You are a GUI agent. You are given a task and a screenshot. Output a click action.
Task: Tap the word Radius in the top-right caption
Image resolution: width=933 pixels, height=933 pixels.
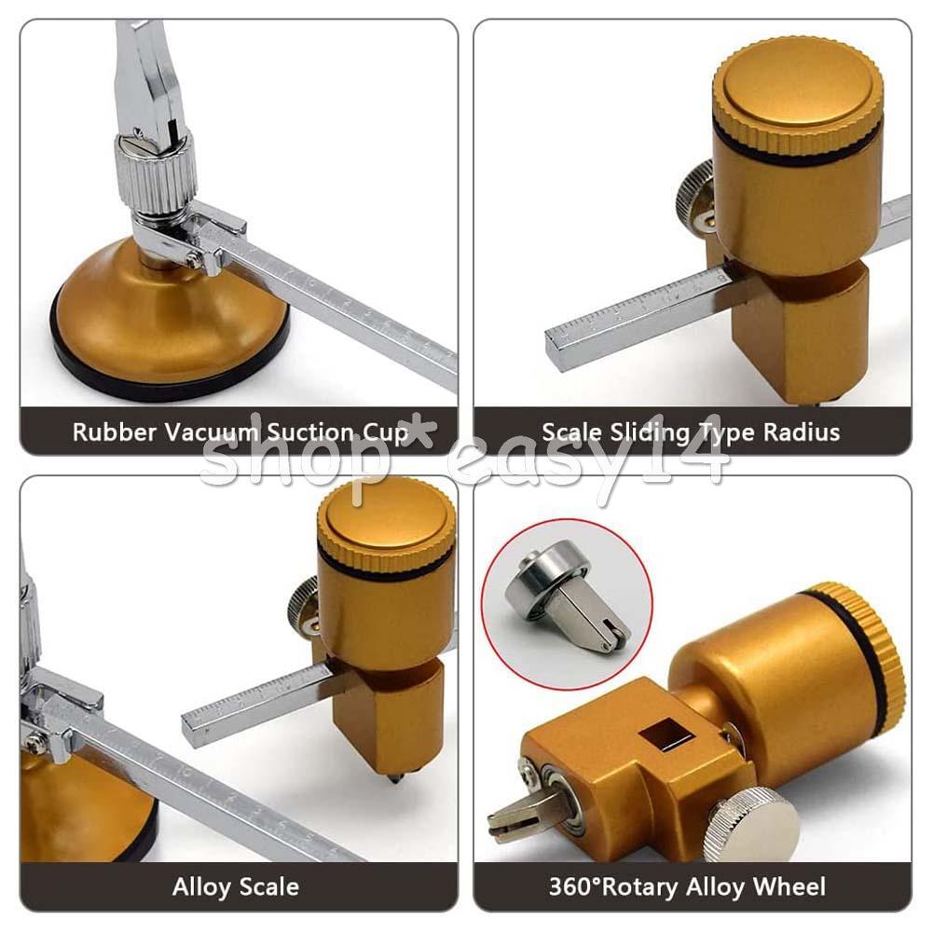click(x=807, y=432)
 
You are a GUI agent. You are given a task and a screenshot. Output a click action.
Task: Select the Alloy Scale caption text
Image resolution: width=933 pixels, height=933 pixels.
click(x=236, y=886)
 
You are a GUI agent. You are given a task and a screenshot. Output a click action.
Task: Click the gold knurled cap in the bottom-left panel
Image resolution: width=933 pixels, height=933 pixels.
click(x=386, y=522)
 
